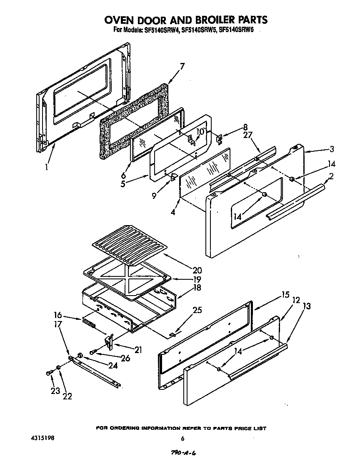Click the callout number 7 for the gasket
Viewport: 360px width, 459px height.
(x=182, y=65)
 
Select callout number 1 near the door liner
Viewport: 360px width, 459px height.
(x=47, y=167)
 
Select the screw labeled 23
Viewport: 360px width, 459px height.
(x=50, y=373)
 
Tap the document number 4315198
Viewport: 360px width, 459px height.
(x=42, y=439)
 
